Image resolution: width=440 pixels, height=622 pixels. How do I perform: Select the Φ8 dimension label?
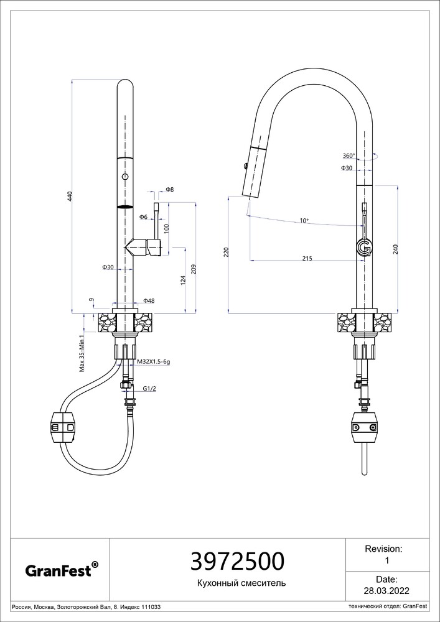[169, 190]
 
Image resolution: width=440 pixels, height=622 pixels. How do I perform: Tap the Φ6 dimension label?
[143, 217]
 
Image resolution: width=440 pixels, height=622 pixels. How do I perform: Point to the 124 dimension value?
[183, 280]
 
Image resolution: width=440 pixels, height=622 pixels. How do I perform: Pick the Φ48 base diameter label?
[149, 301]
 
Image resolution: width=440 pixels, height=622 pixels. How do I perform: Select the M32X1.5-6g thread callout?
[154, 362]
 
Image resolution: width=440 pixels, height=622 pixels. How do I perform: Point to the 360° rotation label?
[349, 155]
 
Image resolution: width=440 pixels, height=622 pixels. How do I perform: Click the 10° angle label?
[304, 221]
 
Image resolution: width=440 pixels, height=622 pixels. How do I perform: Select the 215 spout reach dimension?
[307, 258]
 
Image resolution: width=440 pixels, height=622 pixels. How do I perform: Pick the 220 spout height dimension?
[226, 253]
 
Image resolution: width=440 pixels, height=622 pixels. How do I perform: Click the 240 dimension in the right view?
[395, 249]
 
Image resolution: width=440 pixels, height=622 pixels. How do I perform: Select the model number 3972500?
[237, 562]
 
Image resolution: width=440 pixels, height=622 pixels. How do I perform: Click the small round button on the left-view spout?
[125, 176]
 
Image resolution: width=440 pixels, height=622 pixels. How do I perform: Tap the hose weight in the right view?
[364, 429]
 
